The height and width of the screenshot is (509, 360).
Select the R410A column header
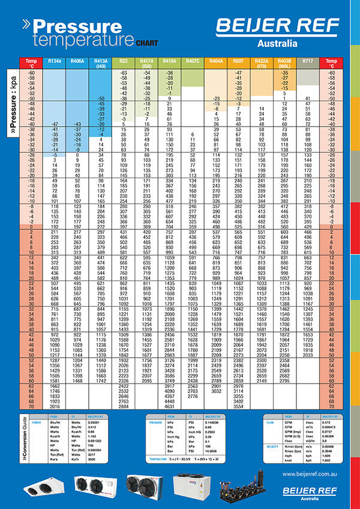pos(169,61)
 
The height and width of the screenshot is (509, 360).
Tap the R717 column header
pos(308,61)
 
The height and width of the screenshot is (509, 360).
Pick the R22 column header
pos(123,61)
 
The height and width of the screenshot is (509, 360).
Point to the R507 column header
pos(239,61)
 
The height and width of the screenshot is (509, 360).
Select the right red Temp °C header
pos(329,63)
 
